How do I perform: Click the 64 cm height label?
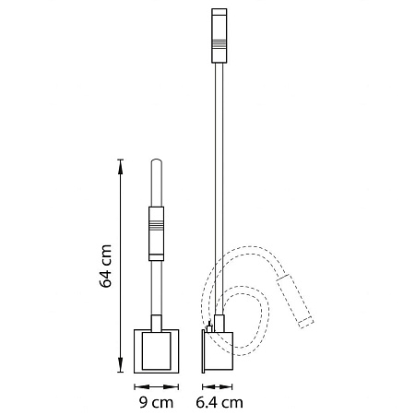coord(105,266)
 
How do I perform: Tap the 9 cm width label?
coord(156,402)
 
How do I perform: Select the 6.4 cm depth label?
coord(219,402)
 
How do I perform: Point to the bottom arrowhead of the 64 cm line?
coord(120,365)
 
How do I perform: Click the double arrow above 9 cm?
coord(156,386)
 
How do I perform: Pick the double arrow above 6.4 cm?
coord(217,386)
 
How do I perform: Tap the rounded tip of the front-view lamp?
coord(156,160)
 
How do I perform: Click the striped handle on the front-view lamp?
coord(156,233)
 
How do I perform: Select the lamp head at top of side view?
coord(219,36)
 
